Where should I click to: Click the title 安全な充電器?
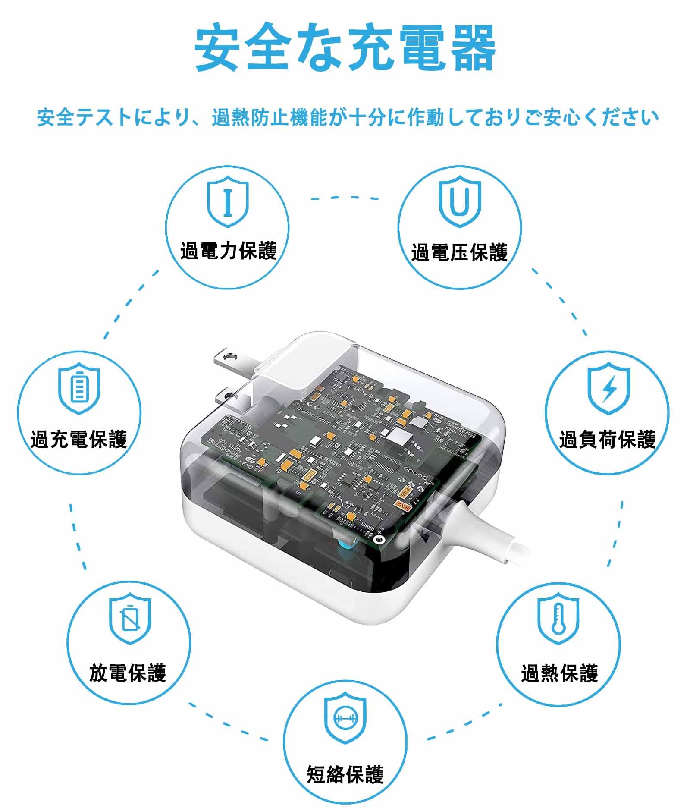(x=345, y=48)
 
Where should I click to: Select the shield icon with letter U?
(x=459, y=201)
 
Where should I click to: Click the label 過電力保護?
(x=228, y=251)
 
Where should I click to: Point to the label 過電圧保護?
(x=459, y=252)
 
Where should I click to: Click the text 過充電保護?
(x=79, y=439)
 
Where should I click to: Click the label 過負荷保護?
(x=607, y=439)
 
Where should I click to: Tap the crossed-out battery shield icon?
(x=130, y=620)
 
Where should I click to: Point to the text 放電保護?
(x=128, y=672)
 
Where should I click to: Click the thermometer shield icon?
(x=558, y=620)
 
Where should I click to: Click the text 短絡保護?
(x=345, y=774)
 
